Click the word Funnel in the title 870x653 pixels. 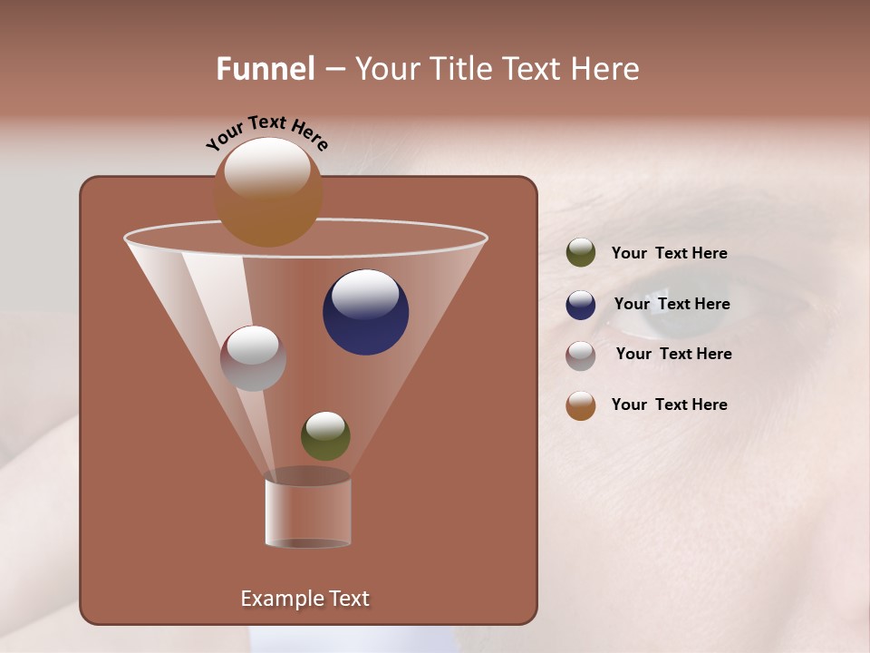coord(266,69)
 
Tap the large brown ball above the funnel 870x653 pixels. coord(268,192)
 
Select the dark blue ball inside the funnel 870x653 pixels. coord(365,312)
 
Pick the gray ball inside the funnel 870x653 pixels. coord(253,358)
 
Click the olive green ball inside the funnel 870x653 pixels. coord(325,435)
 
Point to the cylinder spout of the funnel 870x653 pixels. coord(307,512)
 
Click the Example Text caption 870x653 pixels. coord(304,599)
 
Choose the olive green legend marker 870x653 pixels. coord(581,253)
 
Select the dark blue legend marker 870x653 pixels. coord(581,305)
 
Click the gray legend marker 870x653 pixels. coord(581,356)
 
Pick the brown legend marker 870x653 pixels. coord(581,405)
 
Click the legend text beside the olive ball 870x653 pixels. coord(669,253)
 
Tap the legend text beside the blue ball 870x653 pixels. coord(672,304)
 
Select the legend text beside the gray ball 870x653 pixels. coord(673,354)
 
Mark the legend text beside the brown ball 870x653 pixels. coord(669,404)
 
